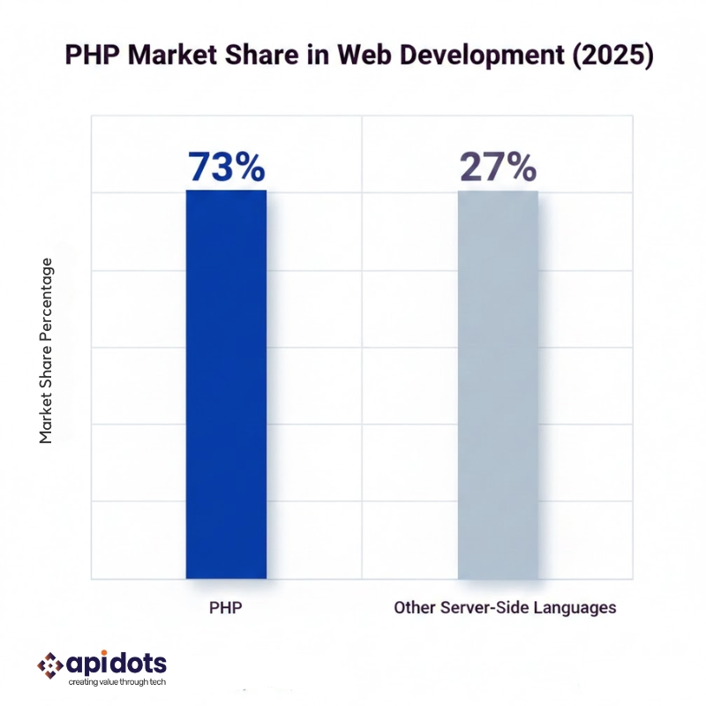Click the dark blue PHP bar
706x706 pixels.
click(x=226, y=384)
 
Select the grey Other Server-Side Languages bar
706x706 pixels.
click(x=498, y=384)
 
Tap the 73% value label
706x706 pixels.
click(x=226, y=167)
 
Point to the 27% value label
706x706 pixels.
click(x=497, y=167)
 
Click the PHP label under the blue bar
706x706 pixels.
click(x=225, y=608)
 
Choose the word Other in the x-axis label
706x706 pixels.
click(x=412, y=608)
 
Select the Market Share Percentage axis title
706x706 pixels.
click(x=47, y=350)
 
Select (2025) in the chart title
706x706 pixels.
click(x=610, y=55)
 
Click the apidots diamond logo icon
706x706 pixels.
click(x=49, y=665)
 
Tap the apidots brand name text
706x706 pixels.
click(x=116, y=663)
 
